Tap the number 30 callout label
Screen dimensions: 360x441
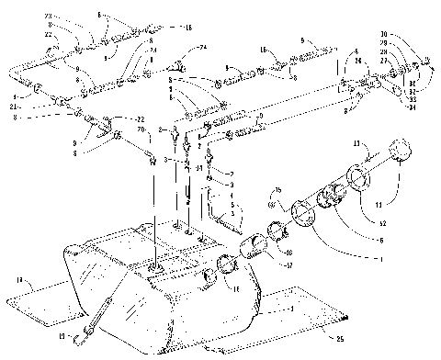coord(384,34)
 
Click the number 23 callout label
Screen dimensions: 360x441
coord(49,17)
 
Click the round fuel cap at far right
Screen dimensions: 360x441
coord(401,150)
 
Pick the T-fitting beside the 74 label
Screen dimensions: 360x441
coord(178,66)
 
